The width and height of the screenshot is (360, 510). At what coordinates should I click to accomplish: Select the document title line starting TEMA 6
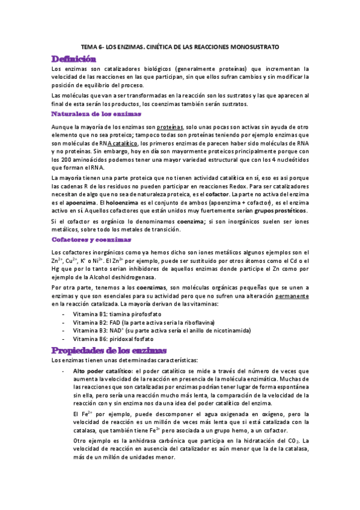tap(180, 46)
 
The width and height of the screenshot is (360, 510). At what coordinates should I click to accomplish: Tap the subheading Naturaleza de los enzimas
tap(96, 113)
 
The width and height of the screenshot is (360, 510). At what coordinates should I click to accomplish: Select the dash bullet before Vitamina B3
tap(64, 331)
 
